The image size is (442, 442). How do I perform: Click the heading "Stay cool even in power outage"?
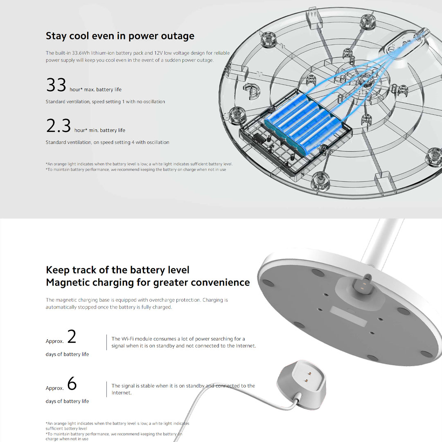point(120,36)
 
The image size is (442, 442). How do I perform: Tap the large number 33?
point(56,85)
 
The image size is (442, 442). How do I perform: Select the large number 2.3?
point(59,126)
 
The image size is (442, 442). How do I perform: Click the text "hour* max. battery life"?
point(95,90)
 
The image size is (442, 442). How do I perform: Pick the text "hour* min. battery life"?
point(100,130)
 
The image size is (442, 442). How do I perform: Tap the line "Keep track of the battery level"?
point(117,270)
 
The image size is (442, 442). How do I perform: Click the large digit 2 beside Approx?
point(72,336)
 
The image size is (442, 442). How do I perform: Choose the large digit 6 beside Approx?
point(72,383)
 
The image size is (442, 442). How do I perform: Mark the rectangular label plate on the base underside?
point(348,316)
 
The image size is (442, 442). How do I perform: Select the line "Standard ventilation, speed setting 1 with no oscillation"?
point(105,102)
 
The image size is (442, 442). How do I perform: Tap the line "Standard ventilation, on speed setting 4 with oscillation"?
point(107,142)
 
